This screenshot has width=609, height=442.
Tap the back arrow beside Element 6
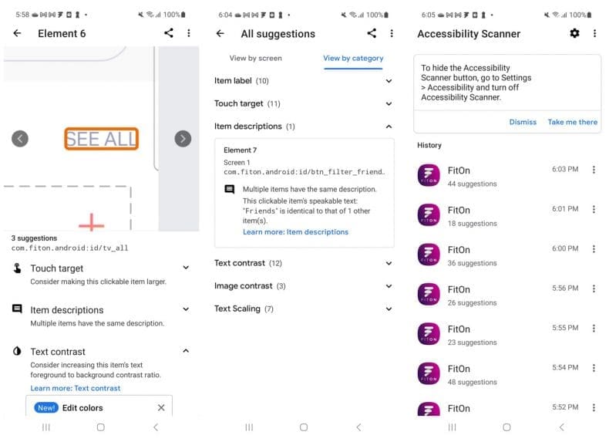point(17,33)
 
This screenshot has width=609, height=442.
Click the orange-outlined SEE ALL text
point(101,139)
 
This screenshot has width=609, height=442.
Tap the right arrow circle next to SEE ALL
point(183,138)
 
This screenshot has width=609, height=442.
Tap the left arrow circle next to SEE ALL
point(20,138)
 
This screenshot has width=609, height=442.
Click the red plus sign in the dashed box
point(91,224)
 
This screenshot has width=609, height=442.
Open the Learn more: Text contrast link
point(76,388)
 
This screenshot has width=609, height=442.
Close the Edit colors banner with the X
point(161,407)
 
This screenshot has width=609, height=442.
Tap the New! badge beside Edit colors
point(46,407)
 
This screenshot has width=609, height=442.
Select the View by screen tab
point(255,58)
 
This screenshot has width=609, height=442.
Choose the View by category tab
point(353,58)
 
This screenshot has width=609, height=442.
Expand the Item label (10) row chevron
point(389,81)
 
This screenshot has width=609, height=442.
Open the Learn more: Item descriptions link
point(295,231)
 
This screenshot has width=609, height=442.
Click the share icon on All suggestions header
point(372,33)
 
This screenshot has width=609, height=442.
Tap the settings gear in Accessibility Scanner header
point(574,33)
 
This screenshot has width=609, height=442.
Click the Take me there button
point(572,122)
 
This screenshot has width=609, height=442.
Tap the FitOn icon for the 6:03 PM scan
point(429,175)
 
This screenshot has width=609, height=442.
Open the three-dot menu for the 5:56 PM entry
point(594,288)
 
